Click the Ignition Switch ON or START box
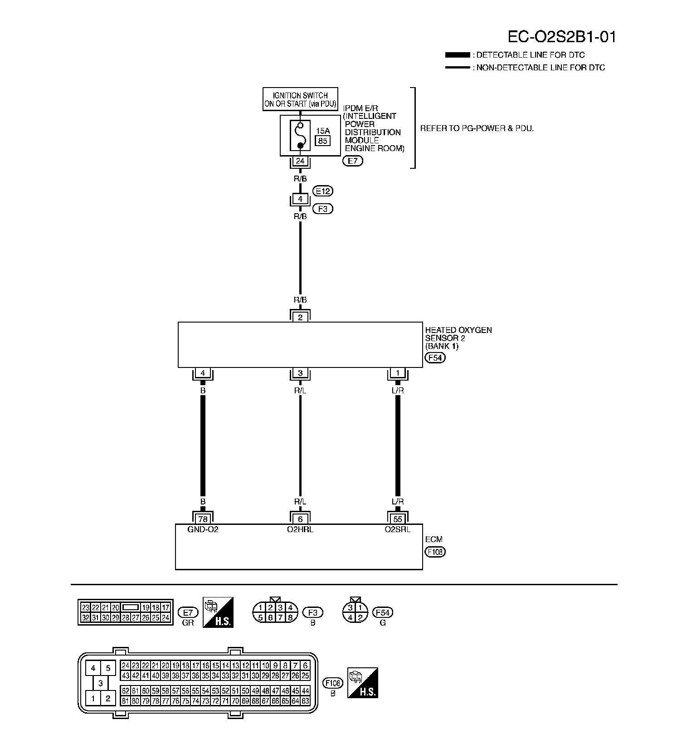[x=300, y=99]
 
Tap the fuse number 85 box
[x=322, y=141]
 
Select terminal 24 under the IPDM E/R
[x=300, y=161]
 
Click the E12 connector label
[x=323, y=191]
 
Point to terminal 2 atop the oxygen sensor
[x=300, y=317]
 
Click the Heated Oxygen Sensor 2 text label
[x=458, y=338]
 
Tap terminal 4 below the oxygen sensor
[x=203, y=373]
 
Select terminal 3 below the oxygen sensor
[x=300, y=373]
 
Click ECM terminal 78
[x=203, y=519]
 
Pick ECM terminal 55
[x=398, y=519]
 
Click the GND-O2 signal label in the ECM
[x=203, y=529]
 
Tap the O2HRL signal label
[x=300, y=529]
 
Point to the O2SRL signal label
[x=398, y=529]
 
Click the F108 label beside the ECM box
[x=435, y=552]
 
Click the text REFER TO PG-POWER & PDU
[x=477, y=128]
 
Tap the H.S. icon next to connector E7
[x=218, y=612]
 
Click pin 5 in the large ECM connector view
[x=108, y=668]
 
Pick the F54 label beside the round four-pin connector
[x=383, y=612]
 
